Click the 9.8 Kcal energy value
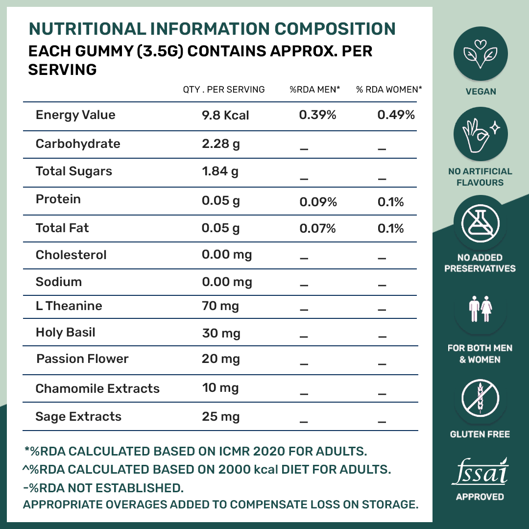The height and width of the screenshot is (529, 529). point(225,115)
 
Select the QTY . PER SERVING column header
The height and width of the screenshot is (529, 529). point(224,90)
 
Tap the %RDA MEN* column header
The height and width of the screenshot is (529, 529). point(315,90)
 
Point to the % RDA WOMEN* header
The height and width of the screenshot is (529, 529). point(389,90)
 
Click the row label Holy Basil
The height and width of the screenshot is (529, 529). point(66,333)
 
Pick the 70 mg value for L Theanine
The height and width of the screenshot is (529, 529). point(220,307)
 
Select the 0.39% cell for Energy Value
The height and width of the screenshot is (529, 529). point(317,115)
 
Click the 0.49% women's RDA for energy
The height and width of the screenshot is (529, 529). point(396,115)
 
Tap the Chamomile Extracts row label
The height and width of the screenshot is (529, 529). point(97,389)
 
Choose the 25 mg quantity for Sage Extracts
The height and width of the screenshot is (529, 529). point(221,417)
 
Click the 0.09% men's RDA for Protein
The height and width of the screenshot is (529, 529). point(318,202)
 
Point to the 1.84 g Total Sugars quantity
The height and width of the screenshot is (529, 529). point(220,171)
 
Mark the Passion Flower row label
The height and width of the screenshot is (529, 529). point(82,359)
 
